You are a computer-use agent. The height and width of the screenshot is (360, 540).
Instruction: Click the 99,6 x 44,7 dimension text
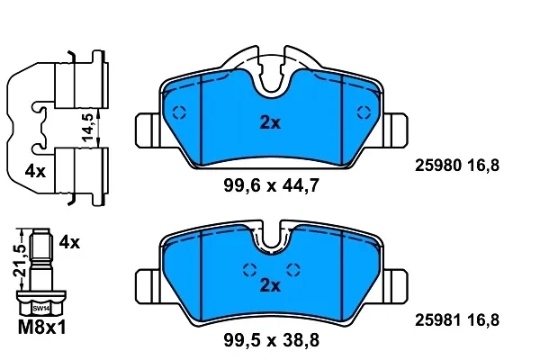[272, 185]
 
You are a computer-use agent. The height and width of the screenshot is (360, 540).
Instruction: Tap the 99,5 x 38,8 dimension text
[272, 340]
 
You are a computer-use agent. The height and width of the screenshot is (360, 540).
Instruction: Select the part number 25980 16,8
[457, 166]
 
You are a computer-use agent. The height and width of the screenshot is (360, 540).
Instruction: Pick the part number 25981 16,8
[457, 320]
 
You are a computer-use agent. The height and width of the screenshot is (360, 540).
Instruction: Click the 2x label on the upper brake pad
[270, 122]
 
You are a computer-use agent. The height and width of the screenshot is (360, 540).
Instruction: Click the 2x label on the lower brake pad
[270, 285]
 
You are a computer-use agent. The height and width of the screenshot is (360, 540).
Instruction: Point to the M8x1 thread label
[41, 328]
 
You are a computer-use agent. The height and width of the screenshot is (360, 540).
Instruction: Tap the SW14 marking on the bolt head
[41, 309]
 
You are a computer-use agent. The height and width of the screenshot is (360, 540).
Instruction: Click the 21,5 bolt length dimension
[20, 261]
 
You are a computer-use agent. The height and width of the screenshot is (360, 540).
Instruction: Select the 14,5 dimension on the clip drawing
[88, 127]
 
